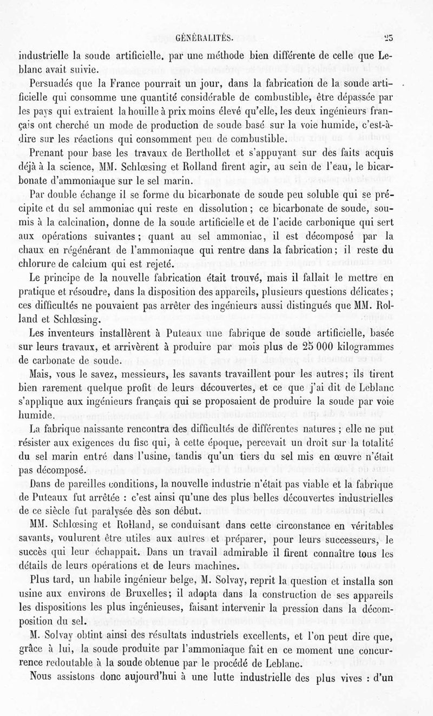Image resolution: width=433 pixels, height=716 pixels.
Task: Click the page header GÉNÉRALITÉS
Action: (x=205, y=38)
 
